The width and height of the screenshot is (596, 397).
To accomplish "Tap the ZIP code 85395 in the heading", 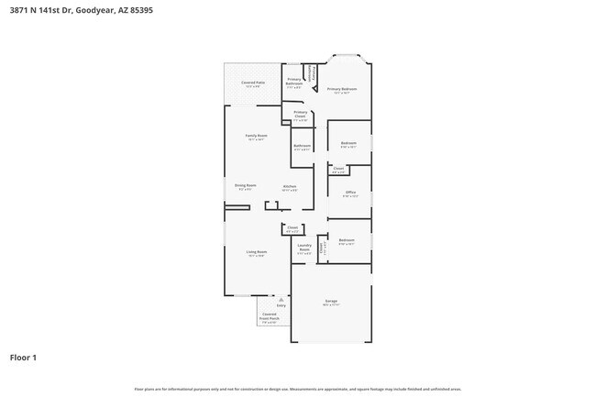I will coord(142,10).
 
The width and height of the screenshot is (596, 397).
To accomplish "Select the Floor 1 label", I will coord(24,357).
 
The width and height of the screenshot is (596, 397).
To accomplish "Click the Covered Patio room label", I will coord(253,83).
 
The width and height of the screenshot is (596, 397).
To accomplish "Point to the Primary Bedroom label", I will coord(342,90).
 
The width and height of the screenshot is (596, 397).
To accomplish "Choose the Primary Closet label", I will coord(300,115).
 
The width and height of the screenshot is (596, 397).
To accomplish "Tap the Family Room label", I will coord(256,137).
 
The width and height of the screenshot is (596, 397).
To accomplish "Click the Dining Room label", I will coord(245,186).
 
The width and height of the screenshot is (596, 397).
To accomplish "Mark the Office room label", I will coord(350,193).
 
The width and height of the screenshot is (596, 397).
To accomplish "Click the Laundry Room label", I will coord(304,248).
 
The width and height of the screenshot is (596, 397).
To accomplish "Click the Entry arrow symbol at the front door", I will coord(281,300).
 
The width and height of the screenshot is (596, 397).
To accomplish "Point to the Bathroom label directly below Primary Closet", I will coord(302,146).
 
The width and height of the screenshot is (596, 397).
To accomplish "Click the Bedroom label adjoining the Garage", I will coord(347,240).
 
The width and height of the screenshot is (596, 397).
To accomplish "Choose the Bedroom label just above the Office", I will coord(349,143).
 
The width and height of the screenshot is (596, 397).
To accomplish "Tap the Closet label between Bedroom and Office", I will coord(338,169).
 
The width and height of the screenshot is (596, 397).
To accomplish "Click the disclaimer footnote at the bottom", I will coord(298,389).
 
